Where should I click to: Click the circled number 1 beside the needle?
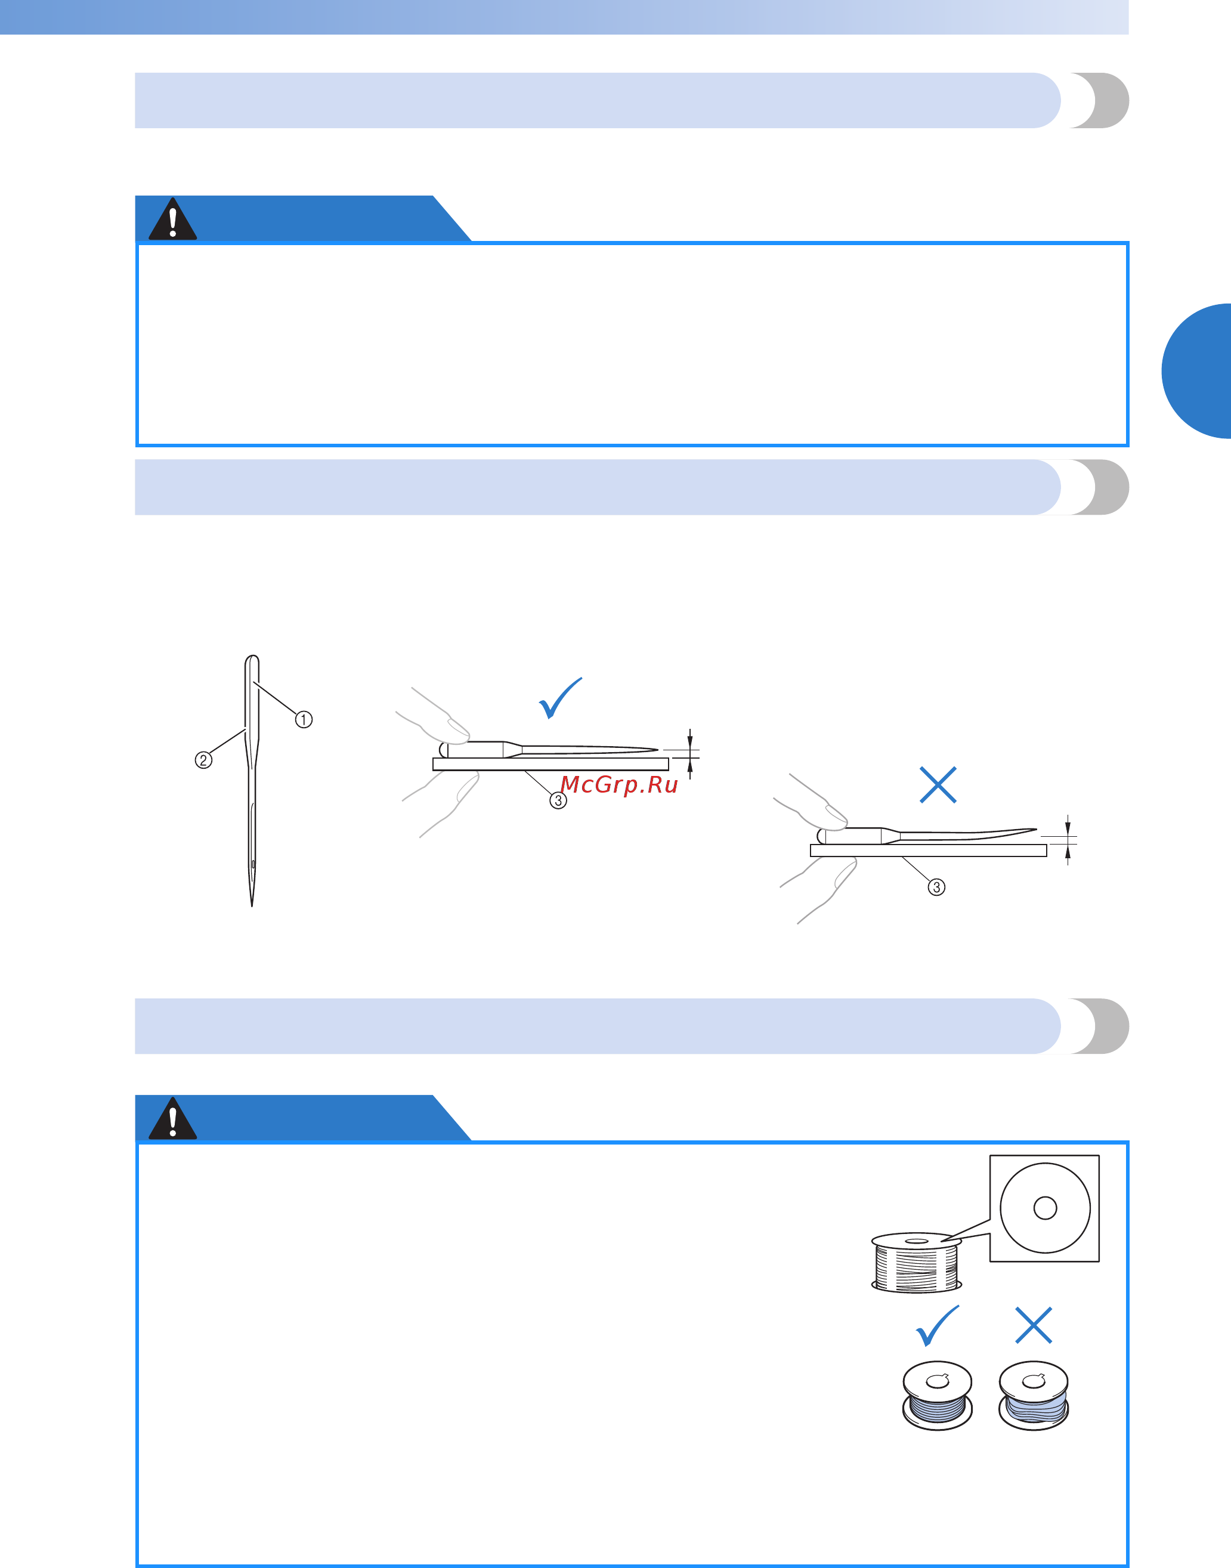click(304, 719)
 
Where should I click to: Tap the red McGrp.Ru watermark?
click(619, 785)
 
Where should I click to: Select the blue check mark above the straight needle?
click(560, 698)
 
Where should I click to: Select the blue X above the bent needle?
click(938, 785)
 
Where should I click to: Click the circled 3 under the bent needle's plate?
click(936, 887)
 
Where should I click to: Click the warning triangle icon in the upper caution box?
click(173, 219)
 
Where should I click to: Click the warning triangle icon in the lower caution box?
click(173, 1118)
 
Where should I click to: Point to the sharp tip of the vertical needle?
click(252, 906)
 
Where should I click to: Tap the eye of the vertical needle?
click(253, 863)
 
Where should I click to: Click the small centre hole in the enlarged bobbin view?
click(1045, 1208)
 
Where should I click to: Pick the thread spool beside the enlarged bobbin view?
click(916, 1263)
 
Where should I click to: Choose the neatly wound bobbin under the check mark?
click(937, 1396)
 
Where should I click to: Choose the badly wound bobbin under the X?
click(1034, 1396)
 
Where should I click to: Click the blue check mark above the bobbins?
click(937, 1326)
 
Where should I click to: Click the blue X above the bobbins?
click(1034, 1325)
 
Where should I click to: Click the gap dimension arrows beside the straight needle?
click(689, 754)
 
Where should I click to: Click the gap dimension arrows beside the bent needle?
click(1068, 840)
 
